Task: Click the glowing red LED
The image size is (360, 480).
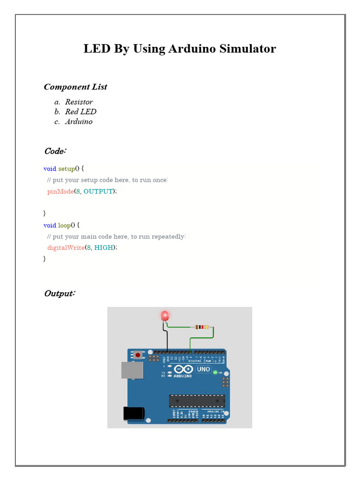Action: tap(165, 316)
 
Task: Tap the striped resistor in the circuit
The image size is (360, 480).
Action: tap(202, 327)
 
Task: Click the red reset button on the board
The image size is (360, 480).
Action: tap(138, 355)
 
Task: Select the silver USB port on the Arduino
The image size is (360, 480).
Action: tap(129, 370)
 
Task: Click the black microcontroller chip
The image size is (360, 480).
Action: tap(197, 401)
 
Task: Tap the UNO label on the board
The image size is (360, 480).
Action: tap(203, 369)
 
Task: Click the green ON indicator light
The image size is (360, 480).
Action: tap(215, 372)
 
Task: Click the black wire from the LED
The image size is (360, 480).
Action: tap(167, 337)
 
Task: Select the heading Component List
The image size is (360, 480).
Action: tap(75, 87)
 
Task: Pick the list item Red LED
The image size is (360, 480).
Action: tap(81, 112)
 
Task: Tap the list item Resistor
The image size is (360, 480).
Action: tap(79, 102)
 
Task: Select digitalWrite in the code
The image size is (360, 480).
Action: tap(66, 247)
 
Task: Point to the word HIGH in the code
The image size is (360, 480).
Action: tap(104, 247)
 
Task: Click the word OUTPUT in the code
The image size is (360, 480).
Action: tap(98, 191)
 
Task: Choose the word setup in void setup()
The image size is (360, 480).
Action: tap(67, 169)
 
